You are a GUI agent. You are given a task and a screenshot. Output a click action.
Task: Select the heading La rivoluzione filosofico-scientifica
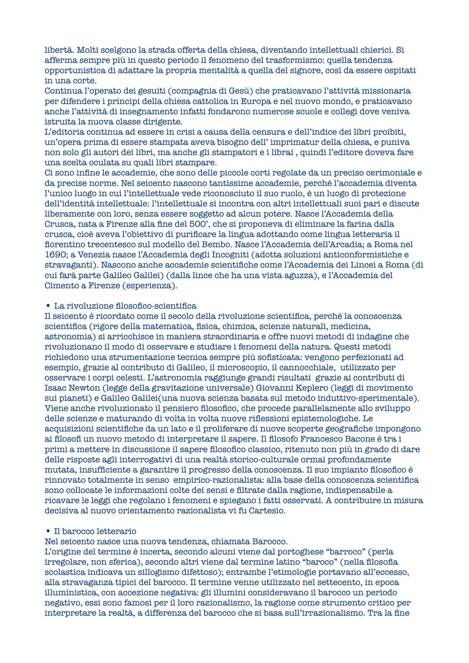coord(125,306)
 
